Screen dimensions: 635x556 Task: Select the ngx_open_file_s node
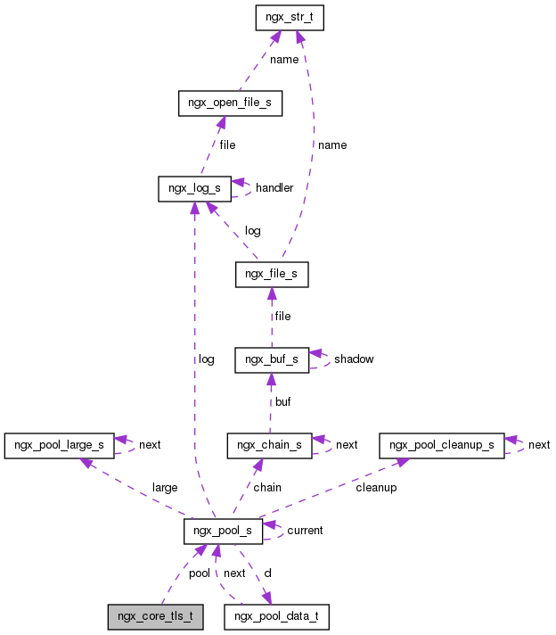coord(230,103)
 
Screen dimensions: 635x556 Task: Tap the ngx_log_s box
coord(194,188)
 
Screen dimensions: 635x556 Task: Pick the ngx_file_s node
coord(271,275)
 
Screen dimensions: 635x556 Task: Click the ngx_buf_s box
coord(271,359)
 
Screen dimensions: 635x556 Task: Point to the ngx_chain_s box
coord(269,444)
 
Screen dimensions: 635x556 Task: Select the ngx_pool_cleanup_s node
coord(441,444)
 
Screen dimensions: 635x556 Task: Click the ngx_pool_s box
coord(223,531)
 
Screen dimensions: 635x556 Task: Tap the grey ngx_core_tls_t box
coord(155,616)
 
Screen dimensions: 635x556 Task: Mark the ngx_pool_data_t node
coord(277,616)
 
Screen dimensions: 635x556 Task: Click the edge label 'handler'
coord(274,188)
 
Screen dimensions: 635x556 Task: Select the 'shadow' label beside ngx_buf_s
coord(354,359)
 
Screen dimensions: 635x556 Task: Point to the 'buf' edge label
coord(282,401)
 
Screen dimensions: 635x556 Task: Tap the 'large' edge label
coord(165,487)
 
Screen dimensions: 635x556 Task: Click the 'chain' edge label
coord(267,487)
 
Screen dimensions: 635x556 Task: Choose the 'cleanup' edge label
coord(376,487)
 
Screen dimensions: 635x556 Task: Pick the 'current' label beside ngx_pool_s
coord(305,530)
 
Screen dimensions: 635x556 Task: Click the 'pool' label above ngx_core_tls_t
coord(200,573)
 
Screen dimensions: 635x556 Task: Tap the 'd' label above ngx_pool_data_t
coord(267,573)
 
